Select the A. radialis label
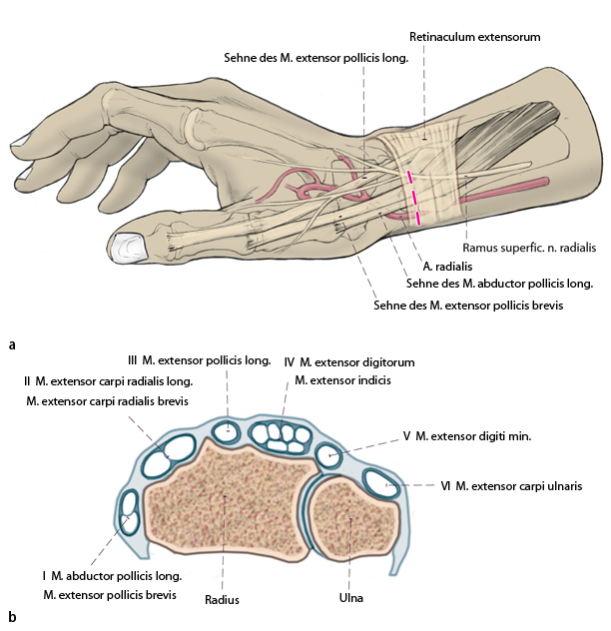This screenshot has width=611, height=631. [x=447, y=267]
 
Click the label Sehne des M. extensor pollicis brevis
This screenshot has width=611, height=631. [x=468, y=307]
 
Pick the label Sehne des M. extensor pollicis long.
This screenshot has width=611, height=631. [x=314, y=57]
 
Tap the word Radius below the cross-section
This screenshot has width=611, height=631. [x=222, y=600]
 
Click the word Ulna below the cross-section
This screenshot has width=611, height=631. [x=349, y=598]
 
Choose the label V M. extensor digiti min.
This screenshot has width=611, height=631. [x=466, y=436]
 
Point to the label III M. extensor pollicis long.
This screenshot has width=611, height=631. [x=199, y=360]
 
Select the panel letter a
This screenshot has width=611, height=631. [x=11, y=345]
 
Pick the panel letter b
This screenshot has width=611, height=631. [x=11, y=617]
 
